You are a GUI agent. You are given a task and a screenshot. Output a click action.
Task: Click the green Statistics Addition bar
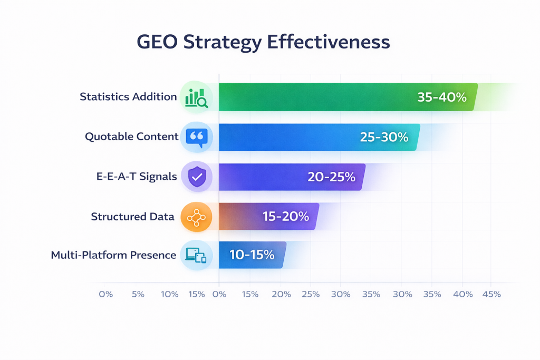pos(316,97)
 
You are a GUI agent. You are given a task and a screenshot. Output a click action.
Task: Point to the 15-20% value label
pos(285,217)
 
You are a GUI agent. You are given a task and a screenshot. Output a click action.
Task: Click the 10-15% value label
pos(252,255)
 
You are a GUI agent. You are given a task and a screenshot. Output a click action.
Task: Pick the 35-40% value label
pos(442,97)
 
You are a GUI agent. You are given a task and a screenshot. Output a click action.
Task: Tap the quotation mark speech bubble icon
pos(196,137)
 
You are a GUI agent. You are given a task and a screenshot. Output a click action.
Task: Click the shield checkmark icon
pos(196,177)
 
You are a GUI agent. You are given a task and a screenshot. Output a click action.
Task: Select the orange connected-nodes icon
pos(196,217)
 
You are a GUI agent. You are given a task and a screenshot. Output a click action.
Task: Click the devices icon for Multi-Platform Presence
pos(196,255)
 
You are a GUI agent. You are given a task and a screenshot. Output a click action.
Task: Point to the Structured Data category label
pos(132,217)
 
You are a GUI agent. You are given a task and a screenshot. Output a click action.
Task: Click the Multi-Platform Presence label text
pos(113,255)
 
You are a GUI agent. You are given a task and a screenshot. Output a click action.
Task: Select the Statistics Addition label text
pos(128,97)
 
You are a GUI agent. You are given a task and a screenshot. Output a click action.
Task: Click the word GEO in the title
pos(157,42)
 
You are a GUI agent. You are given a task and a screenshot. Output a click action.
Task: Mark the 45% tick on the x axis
pos(491,294)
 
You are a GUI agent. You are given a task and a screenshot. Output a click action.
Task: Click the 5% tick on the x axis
pos(138,294)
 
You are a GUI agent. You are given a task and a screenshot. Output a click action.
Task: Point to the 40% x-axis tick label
pos(462,294)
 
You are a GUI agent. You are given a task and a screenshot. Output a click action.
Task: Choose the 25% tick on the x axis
pos(311,294)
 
